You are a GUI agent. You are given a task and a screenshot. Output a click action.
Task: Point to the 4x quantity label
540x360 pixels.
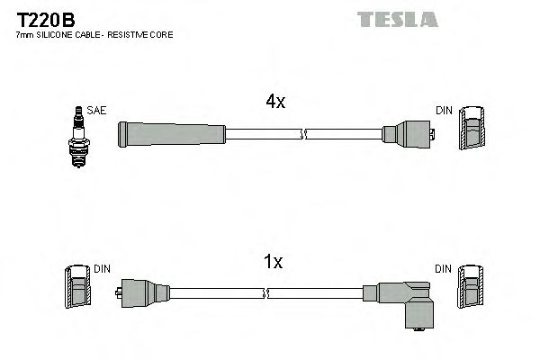click(274, 103)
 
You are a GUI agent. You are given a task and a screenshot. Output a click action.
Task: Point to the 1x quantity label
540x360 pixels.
click(274, 262)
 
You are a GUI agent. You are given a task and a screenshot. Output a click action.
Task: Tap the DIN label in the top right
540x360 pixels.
click(444, 111)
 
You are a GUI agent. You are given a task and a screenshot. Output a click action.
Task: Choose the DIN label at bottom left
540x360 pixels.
click(101, 269)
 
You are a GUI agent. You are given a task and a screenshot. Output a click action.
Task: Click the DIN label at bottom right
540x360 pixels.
click(444, 269)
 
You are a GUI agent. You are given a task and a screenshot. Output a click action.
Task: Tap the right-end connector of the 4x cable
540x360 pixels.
click(409, 135)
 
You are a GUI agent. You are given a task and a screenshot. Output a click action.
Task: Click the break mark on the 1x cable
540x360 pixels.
click(267, 293)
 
